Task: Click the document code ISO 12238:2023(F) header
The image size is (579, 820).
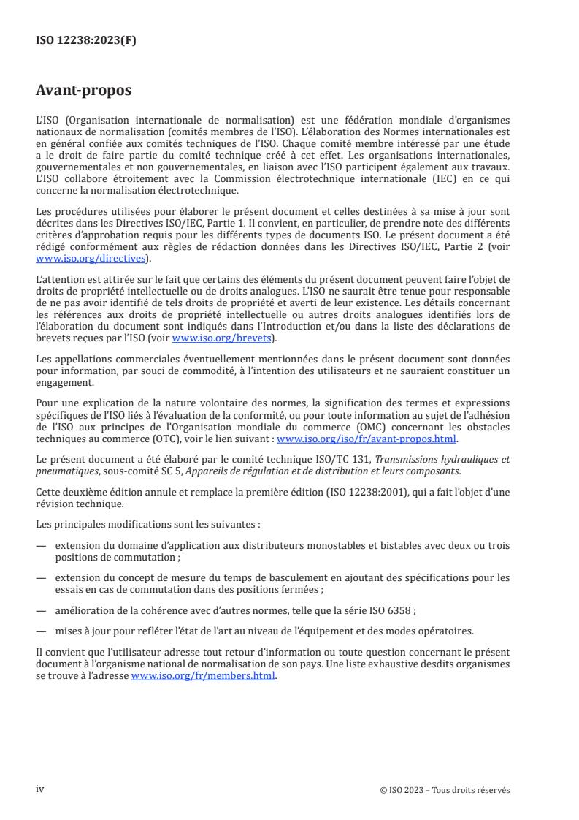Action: point(86,41)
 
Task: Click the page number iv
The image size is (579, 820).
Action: point(41,789)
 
